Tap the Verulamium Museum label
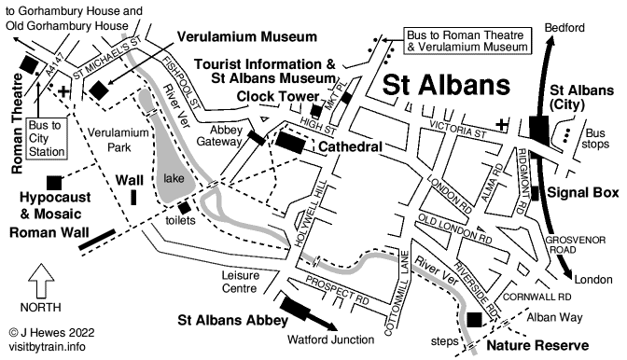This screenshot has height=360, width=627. click(245, 37)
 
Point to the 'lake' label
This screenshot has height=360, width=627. click(174, 177)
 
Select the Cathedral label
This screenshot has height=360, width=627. click(353, 147)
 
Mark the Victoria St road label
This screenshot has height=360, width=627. click(453, 132)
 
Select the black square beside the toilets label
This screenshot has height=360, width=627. click(184, 207)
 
